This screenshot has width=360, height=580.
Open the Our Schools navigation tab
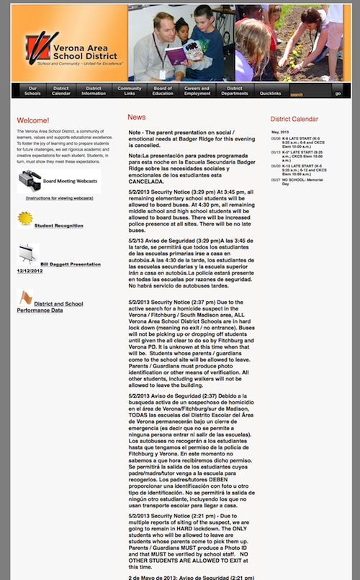tap(32, 91)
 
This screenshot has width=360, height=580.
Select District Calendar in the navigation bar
tap(61, 91)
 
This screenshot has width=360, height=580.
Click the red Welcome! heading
tap(33, 120)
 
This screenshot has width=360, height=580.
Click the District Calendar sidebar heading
tap(294, 119)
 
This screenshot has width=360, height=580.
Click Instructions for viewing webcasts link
tap(59, 197)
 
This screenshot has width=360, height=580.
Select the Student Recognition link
tap(59, 226)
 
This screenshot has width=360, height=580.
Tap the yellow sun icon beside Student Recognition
tap(25, 218)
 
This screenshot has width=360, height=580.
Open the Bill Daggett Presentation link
tap(70, 264)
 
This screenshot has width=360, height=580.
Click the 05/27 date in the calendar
tap(276, 179)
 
